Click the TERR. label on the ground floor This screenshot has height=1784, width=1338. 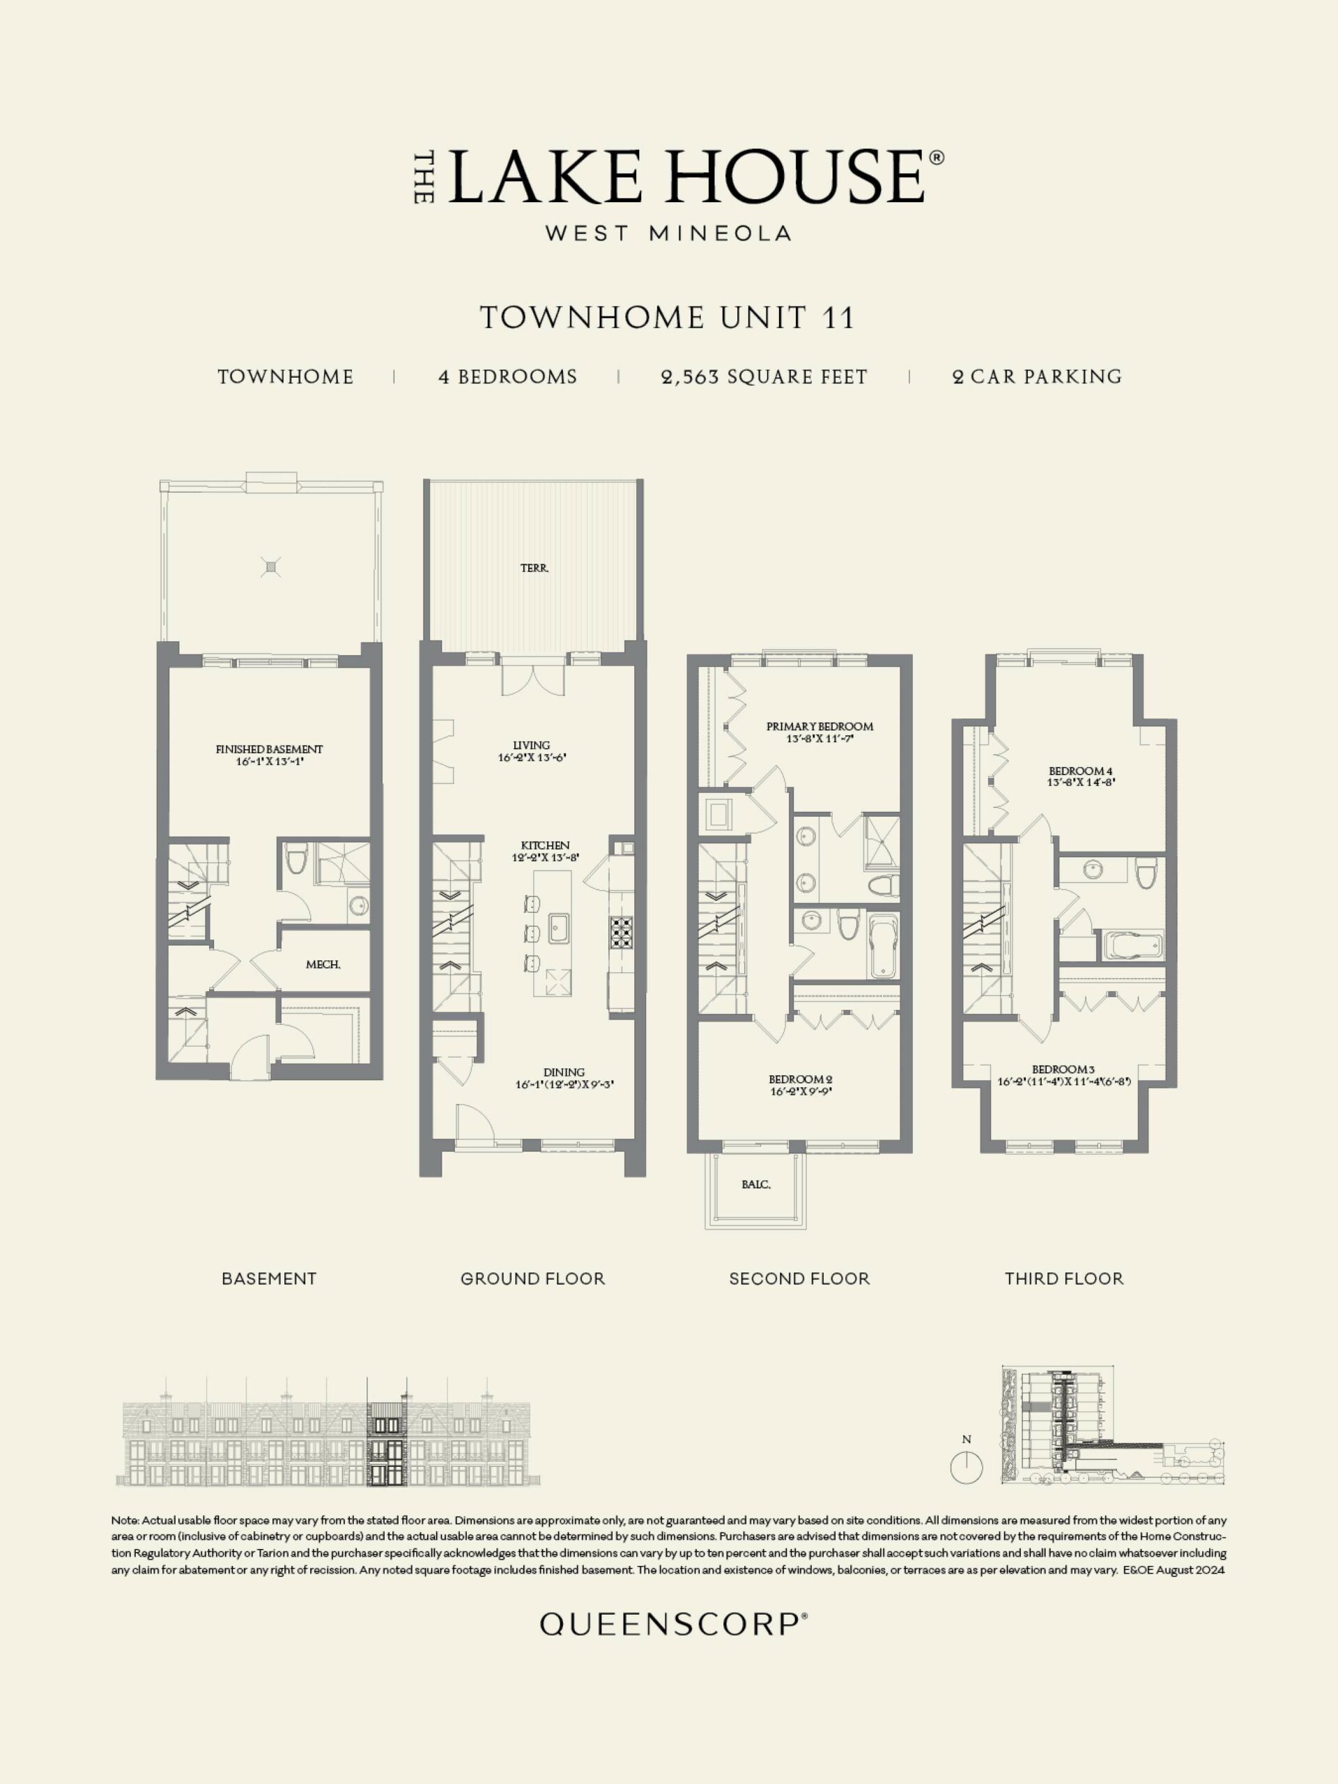(535, 568)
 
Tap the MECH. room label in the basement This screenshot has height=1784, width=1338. (323, 964)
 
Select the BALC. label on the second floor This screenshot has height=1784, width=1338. (755, 1185)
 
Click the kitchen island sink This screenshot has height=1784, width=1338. (560, 928)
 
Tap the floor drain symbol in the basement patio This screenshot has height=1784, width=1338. (272, 567)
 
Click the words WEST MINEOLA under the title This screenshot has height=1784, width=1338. (668, 233)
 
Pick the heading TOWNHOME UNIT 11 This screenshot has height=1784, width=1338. (668, 318)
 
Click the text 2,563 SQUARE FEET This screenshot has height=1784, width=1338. (764, 376)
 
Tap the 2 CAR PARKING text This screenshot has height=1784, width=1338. (1037, 376)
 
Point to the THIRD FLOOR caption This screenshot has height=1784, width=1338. (1064, 1278)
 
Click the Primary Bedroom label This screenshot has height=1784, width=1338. (820, 726)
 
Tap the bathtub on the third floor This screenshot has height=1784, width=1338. (1133, 945)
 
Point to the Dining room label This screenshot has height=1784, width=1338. (564, 1072)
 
